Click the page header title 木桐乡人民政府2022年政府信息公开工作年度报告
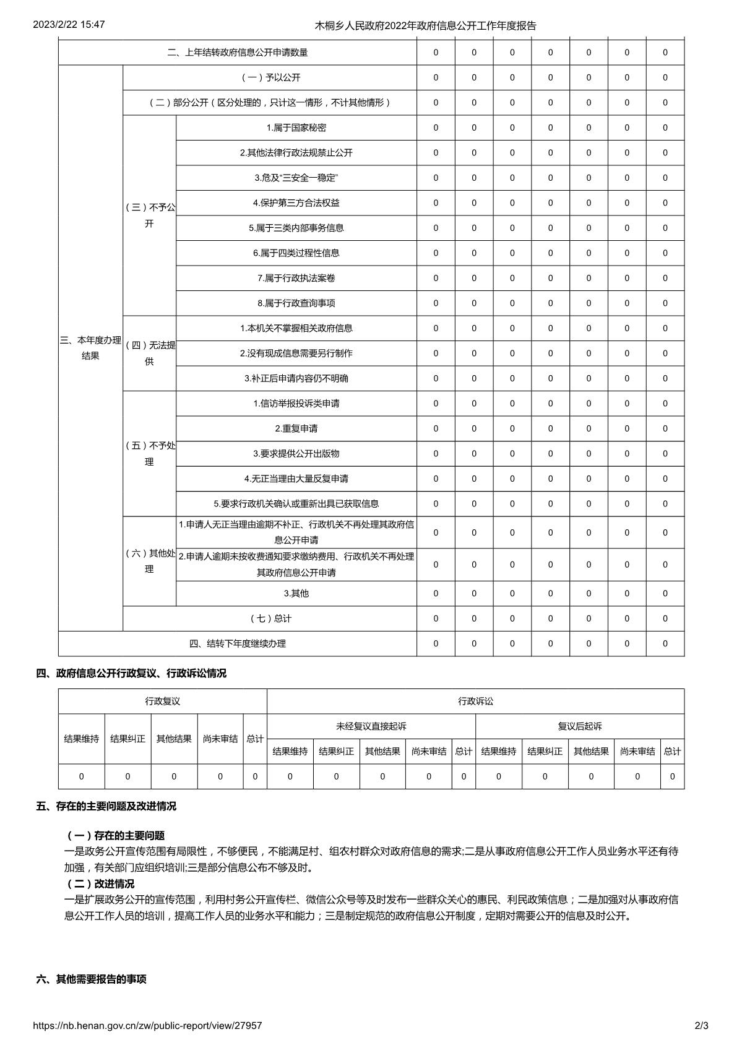pyautogui.click(x=426, y=25)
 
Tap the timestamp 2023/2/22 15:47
pyautogui.click(x=68, y=25)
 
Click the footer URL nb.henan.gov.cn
pyautogui.click(x=147, y=1025)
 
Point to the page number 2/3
pyautogui.click(x=701, y=1025)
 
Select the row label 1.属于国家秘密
pyautogui.click(x=296, y=128)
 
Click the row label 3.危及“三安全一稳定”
pyautogui.click(x=296, y=178)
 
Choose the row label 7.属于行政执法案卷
pyautogui.click(x=296, y=278)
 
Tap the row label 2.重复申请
pyautogui.click(x=296, y=428)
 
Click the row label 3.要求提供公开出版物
pyautogui.click(x=296, y=453)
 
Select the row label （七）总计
pyautogui.click(x=270, y=618)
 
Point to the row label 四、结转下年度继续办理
pyautogui.click(x=238, y=643)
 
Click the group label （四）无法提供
pyautogui.click(x=150, y=353)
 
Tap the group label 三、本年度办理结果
pyautogui.click(x=90, y=348)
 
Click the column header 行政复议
pyautogui.click(x=163, y=701)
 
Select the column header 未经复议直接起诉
pyautogui.click(x=371, y=726)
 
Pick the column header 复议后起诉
pyautogui.click(x=580, y=726)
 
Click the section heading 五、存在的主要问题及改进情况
pyautogui.click(x=106, y=806)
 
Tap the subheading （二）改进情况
pyautogui.click(x=100, y=883)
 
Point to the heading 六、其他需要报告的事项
pyautogui.click(x=92, y=979)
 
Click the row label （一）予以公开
pyautogui.click(x=270, y=77)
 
